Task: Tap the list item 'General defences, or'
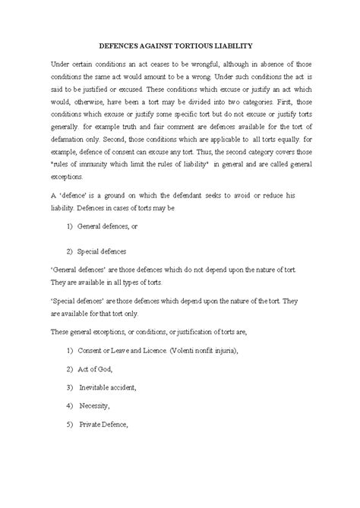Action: [x=115, y=226]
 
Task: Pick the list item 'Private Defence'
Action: [x=106, y=425]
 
